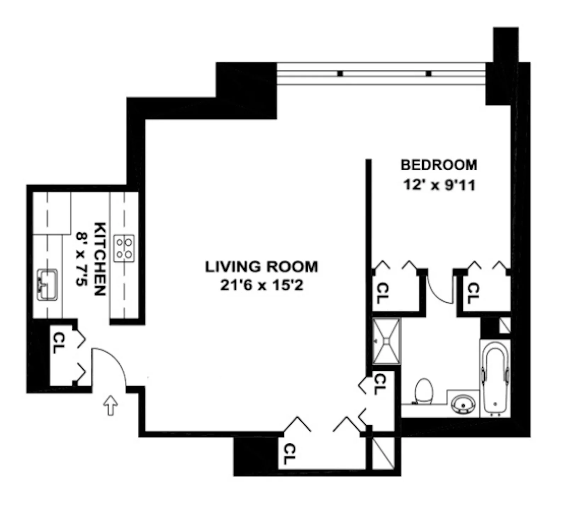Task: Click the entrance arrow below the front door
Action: pos(111,405)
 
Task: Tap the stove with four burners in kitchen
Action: pos(124,248)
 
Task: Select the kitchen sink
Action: pos(47,285)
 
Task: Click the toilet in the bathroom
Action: pos(424,391)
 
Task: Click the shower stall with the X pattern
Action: pos(387,341)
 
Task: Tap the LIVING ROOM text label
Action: pos(262,266)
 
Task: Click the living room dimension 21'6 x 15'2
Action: pos(262,285)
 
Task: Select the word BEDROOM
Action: pos(439,165)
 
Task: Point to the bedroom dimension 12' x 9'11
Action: pos(439,185)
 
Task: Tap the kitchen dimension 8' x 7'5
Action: pos(82,259)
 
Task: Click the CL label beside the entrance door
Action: pos(57,343)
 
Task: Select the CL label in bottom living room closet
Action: pos(289,454)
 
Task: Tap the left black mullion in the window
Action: pos(340,74)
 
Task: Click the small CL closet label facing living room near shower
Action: pos(379,384)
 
